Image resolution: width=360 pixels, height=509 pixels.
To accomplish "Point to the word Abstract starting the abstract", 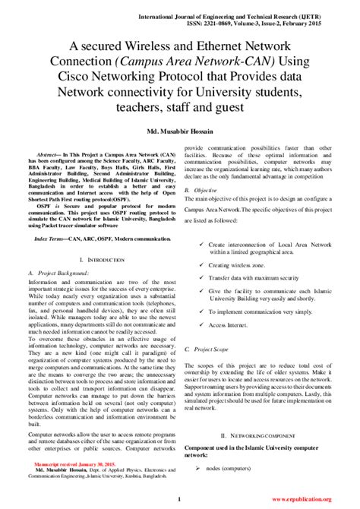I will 51,144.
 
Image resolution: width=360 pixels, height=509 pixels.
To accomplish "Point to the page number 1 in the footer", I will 178,498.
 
